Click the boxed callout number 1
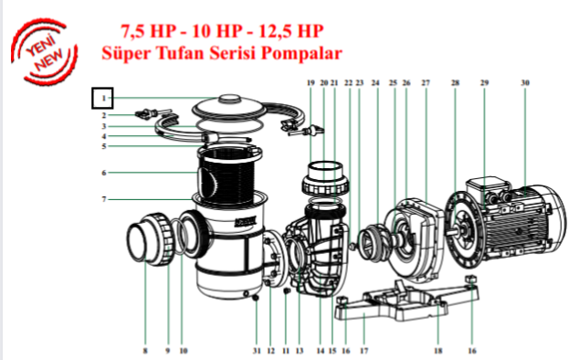coord(104,98)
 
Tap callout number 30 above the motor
coord(525,83)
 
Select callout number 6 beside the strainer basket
coord(104,173)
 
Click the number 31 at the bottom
coord(257,351)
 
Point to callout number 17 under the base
coord(364,351)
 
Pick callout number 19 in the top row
coord(311,83)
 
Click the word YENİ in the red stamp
coord(40,47)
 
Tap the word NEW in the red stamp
coord(49,60)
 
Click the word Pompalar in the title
coord(302,53)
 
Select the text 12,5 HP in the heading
coord(291,31)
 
